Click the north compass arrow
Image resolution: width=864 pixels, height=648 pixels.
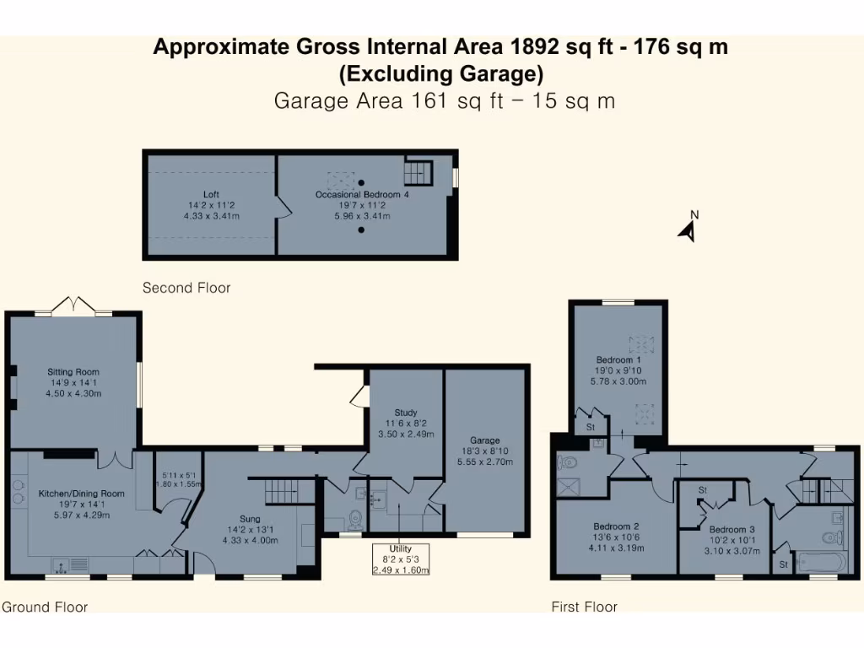click(688, 228)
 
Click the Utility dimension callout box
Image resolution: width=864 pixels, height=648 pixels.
click(402, 559)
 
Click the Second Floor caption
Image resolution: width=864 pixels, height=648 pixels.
click(186, 288)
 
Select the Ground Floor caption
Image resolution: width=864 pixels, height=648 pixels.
click(45, 607)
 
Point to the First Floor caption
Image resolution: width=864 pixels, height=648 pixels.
click(585, 607)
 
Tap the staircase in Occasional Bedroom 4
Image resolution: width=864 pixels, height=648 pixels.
click(418, 174)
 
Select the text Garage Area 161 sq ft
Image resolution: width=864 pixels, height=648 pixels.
click(380, 101)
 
